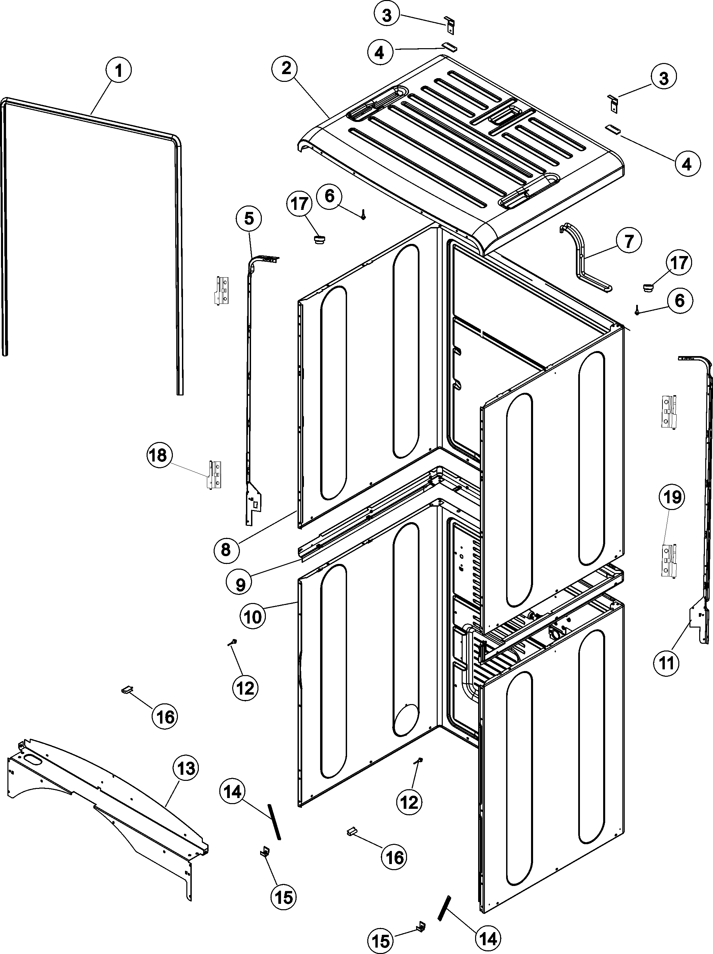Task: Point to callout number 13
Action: point(186,768)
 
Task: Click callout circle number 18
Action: point(159,455)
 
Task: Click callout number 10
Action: point(253,617)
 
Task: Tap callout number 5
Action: point(249,219)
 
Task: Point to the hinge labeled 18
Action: point(214,474)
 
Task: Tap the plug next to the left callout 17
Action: point(320,237)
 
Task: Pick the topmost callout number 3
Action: point(387,15)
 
